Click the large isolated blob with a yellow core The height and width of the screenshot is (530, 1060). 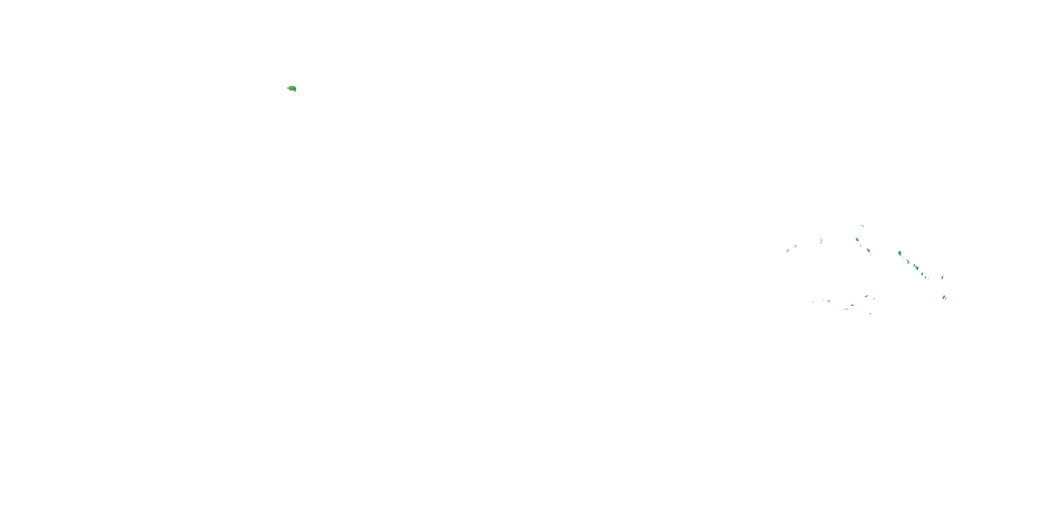292,88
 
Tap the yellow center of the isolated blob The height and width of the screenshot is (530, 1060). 292,88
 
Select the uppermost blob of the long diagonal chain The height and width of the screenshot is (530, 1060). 900,253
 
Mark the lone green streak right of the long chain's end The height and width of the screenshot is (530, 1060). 943,278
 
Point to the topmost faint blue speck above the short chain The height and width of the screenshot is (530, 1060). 862,226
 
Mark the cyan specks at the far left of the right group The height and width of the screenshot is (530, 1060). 788,251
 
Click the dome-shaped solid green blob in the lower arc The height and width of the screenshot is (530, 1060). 852,305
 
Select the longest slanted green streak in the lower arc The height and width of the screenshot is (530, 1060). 866,296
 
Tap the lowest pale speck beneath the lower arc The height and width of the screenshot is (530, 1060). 870,314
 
